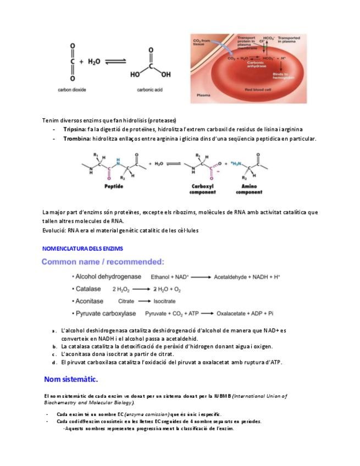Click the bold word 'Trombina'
pyautogui.click(x=76, y=138)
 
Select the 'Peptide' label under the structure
pyautogui.click(x=114, y=187)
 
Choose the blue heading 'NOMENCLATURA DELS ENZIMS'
pyautogui.click(x=82, y=248)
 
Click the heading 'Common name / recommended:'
pyautogui.click(x=103, y=262)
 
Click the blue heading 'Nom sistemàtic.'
pyautogui.click(x=71, y=379)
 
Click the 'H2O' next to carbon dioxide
pyautogui.click(x=95, y=62)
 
